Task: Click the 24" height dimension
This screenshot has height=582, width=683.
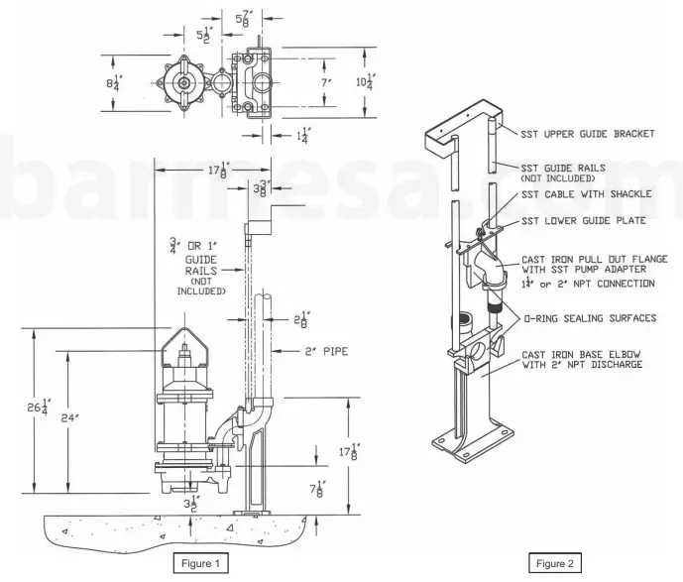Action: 71,418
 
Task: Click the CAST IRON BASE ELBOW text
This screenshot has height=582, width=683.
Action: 583,355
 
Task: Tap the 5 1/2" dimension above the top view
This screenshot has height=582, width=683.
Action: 203,33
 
